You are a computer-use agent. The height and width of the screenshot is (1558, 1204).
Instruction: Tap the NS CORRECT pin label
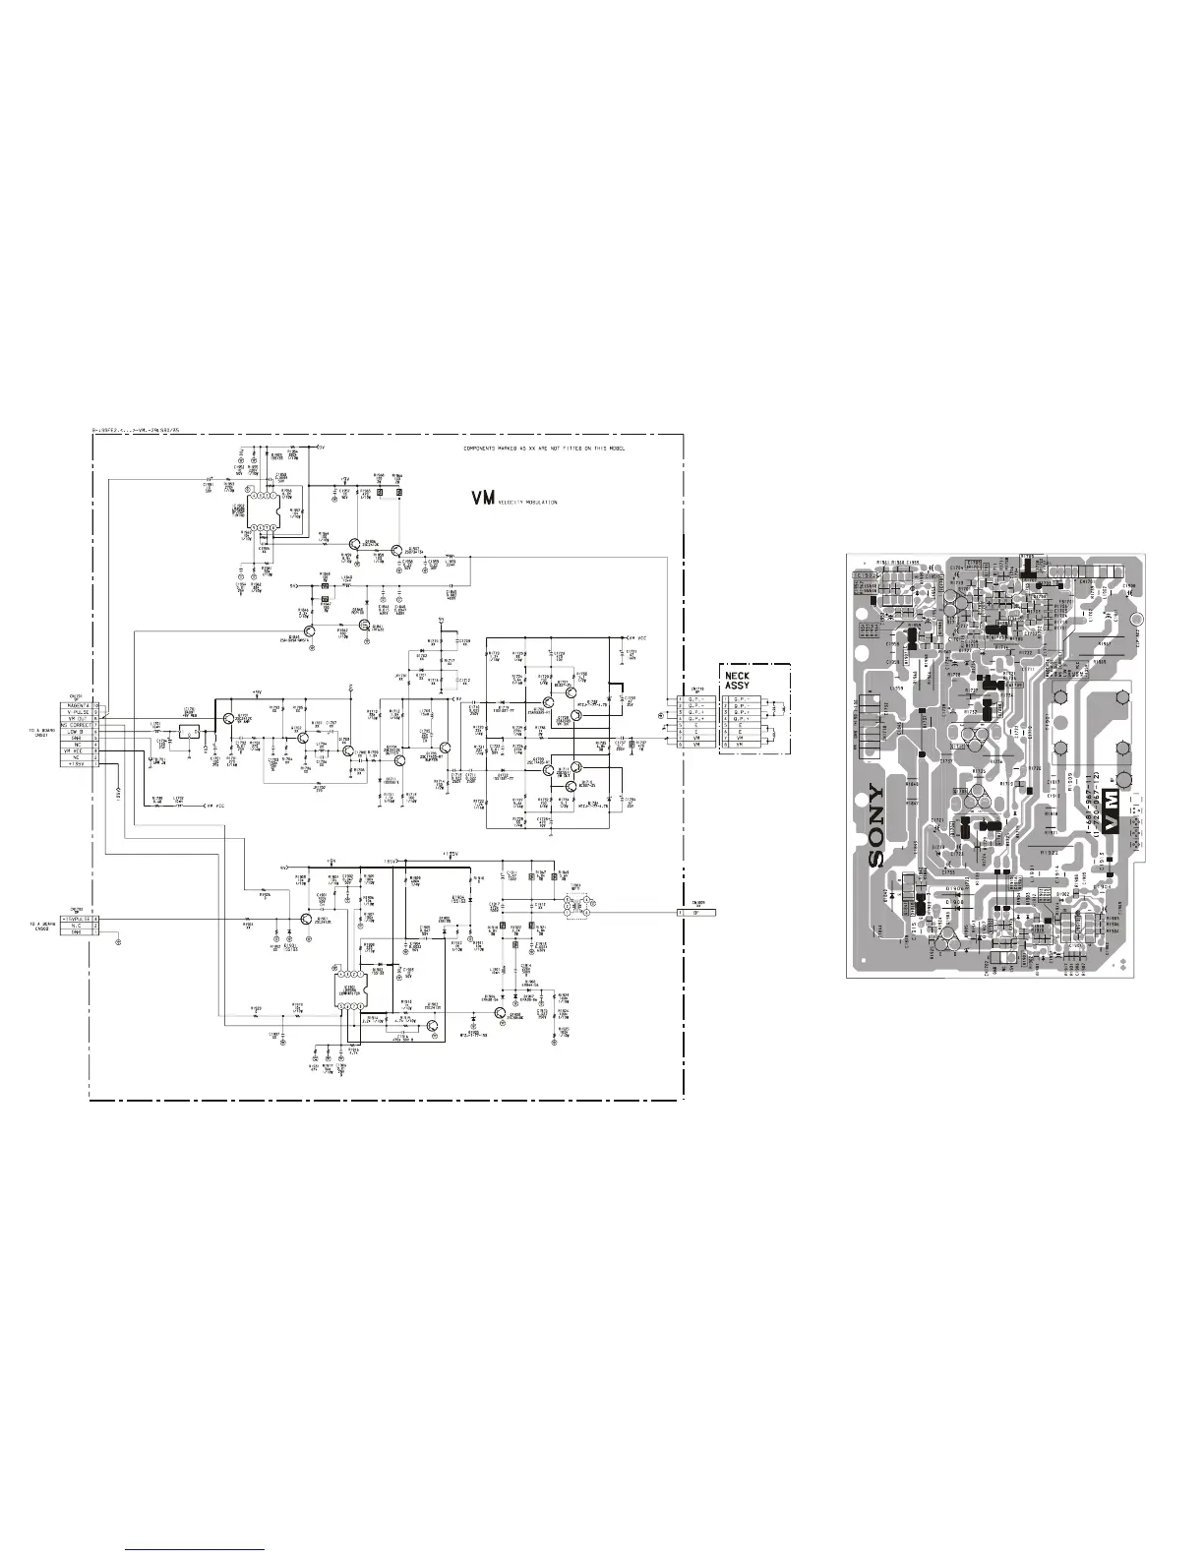point(76,725)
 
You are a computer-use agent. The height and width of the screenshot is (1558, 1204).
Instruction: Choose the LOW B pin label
point(76,732)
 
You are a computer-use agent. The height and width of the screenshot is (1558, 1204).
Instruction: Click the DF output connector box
point(696,912)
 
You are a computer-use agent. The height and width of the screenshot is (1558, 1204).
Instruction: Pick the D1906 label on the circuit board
point(954,901)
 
